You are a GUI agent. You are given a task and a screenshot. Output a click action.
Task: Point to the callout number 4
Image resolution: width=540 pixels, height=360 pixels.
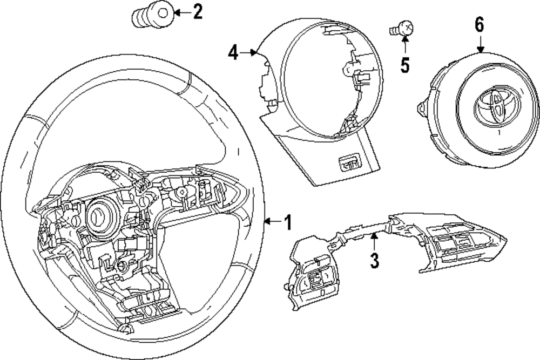coord(233,52)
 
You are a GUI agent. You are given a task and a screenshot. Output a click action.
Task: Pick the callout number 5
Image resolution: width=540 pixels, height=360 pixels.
coord(404,65)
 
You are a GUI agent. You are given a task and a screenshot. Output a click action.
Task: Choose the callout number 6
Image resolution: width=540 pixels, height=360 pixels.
coord(480,25)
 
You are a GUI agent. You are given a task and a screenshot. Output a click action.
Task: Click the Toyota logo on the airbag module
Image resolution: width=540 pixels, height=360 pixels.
coord(492,106)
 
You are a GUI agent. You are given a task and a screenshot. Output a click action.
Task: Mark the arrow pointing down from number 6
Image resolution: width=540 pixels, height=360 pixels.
coord(480,44)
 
